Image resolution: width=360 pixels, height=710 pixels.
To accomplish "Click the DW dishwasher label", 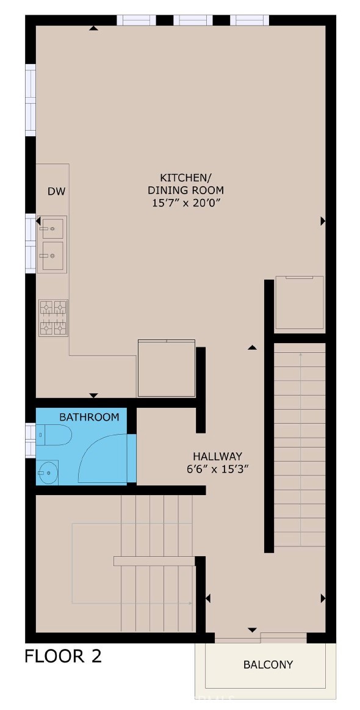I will coord(56,192).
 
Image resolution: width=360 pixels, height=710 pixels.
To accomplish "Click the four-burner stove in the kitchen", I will coord(53,317).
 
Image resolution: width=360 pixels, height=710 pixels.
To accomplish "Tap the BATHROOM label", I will coord(89,417).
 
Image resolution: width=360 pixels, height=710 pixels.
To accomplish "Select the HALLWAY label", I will coord(218,456).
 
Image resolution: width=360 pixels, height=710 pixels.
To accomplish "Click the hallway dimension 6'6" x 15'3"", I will coord(218,469).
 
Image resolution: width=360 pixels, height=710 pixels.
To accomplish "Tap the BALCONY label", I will coord(268,664).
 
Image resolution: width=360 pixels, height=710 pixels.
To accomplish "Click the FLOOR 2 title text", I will coord(63,656).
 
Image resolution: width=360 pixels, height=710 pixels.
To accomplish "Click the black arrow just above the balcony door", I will coord(252,629).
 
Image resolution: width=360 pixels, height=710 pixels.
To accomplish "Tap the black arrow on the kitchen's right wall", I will coord(322,222).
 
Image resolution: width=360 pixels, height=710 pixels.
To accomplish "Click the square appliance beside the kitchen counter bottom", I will coord(166,369).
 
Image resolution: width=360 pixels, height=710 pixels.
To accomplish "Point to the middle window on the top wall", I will coord(193,20).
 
